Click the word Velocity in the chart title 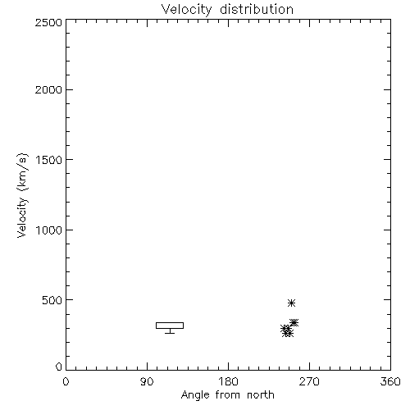186,10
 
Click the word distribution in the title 257,9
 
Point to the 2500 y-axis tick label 48,22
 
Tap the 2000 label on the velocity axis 48,90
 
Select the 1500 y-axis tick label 49,160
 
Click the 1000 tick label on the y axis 49,230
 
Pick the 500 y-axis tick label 52,300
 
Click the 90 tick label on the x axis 147,381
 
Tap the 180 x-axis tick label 228,381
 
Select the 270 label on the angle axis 309,381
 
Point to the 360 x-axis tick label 390,381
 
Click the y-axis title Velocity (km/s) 22,195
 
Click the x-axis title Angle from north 228,395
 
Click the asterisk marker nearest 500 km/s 291,303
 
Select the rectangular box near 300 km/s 170,323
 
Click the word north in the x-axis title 261,395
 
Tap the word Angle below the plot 195,395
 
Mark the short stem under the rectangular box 170,331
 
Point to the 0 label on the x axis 66,381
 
